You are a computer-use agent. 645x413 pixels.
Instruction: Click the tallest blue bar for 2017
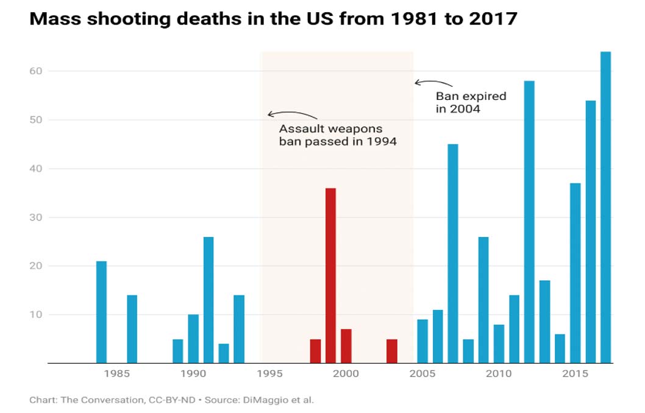[605, 207]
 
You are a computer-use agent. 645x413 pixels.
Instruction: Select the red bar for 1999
[330, 275]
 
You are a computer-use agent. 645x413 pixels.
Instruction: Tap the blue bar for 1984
[101, 312]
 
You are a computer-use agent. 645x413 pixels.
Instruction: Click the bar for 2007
[453, 253]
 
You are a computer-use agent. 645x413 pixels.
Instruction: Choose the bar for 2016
[591, 231]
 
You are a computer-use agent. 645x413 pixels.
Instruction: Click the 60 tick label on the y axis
[38, 71]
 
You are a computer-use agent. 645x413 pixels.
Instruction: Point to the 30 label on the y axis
[38, 217]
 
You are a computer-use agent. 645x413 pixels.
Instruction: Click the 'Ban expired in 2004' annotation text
[471, 102]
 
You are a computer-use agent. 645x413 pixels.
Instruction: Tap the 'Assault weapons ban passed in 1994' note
[337, 135]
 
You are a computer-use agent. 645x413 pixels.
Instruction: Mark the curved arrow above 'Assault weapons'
[292, 114]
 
